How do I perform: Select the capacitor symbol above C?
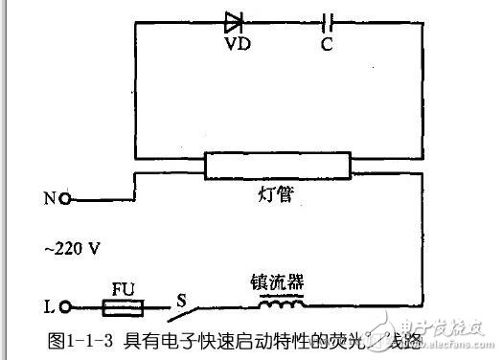coord(328,20)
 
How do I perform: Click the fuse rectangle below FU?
coord(124,307)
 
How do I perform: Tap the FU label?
coord(124,285)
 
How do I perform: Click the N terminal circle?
coord(65,199)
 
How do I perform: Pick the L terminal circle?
coord(65,307)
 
